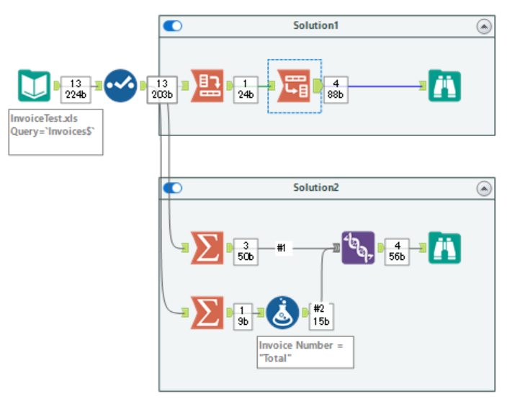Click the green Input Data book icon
(34, 86)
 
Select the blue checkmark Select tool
(120, 86)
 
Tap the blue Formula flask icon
(282, 311)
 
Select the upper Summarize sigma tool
(207, 248)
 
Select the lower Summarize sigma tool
(207, 311)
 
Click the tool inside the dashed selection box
(294, 86)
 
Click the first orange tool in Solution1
(207, 86)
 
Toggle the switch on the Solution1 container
(173, 26)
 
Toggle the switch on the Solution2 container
(173, 188)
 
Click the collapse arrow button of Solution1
(484, 26)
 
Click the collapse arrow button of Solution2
(484, 188)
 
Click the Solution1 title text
(315, 26)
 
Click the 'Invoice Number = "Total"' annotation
(305, 351)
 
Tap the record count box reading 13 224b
(76, 87)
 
